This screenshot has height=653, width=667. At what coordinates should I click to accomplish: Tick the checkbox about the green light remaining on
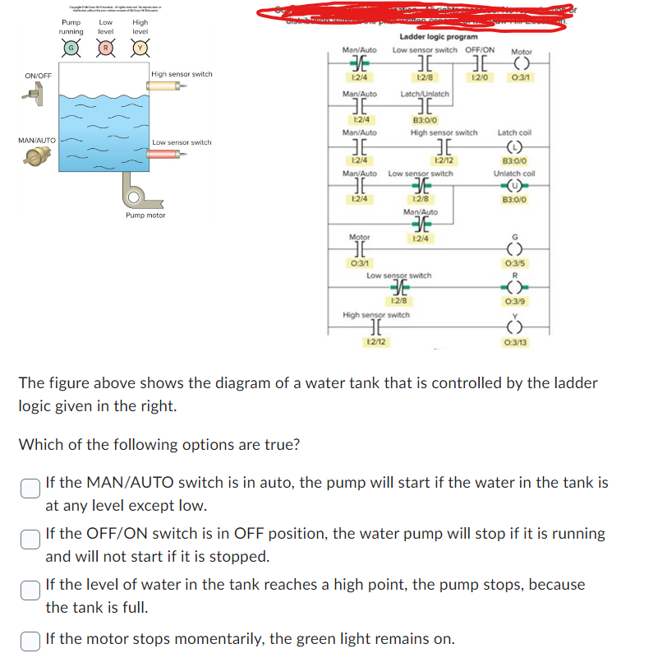[x=30, y=638]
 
